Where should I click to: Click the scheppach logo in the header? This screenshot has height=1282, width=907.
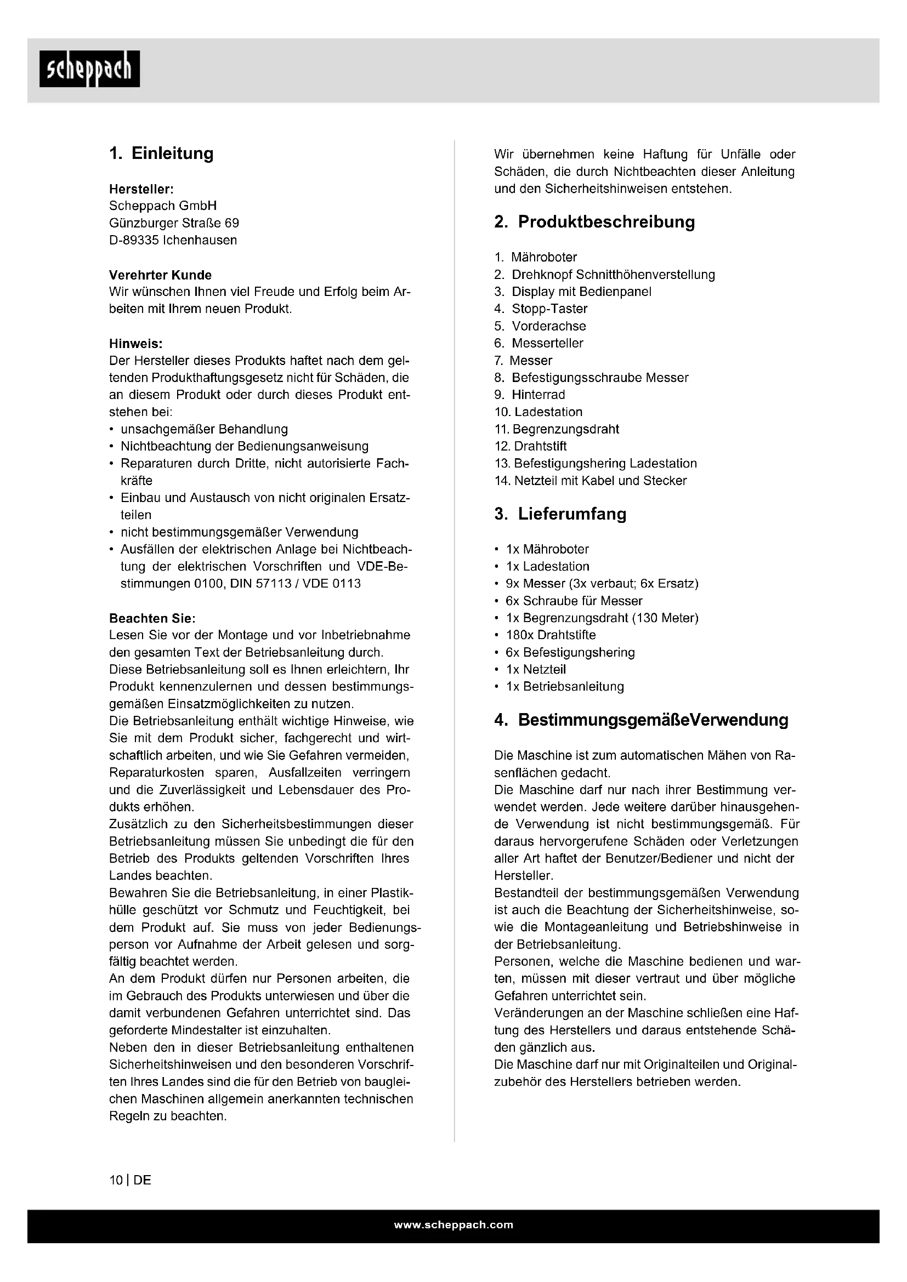click(89, 69)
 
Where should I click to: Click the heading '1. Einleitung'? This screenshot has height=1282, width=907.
click(161, 153)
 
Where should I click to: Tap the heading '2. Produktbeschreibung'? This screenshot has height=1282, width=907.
click(595, 221)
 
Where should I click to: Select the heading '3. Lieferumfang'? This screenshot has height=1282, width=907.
click(560, 514)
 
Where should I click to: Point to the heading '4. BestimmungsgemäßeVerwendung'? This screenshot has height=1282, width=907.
click(641, 720)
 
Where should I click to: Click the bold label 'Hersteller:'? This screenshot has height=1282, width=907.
click(141, 189)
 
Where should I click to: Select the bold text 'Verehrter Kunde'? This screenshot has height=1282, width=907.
click(160, 275)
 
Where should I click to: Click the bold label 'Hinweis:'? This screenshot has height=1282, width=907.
click(135, 344)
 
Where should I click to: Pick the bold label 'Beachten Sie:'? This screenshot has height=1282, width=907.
click(152, 618)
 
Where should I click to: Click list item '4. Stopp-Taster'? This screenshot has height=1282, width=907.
click(541, 309)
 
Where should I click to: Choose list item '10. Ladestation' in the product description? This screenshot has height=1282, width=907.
click(538, 412)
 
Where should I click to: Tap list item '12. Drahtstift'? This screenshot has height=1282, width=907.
click(531, 446)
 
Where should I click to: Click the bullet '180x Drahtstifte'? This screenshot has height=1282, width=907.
click(551, 635)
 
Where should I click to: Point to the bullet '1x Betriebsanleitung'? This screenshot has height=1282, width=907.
click(565, 686)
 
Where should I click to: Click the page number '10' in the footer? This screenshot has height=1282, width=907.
click(116, 1181)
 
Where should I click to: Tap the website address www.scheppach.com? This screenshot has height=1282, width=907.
click(453, 1225)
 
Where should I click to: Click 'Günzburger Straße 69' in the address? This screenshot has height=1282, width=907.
click(174, 223)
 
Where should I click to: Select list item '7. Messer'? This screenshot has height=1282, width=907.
click(523, 361)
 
